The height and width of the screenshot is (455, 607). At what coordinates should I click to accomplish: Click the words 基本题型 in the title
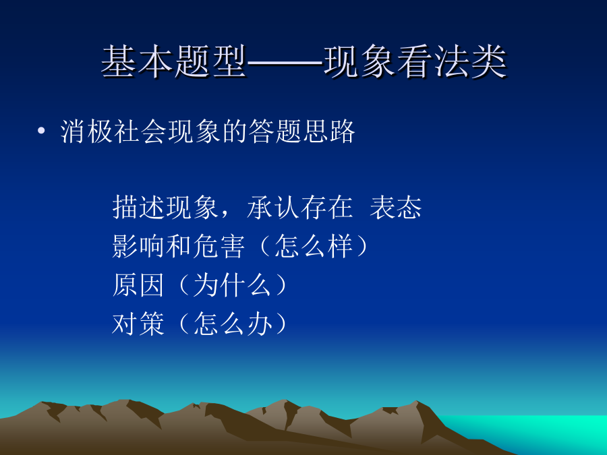pyautogui.click(x=174, y=61)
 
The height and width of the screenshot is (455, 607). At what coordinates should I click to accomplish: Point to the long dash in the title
pyautogui.click(x=285, y=62)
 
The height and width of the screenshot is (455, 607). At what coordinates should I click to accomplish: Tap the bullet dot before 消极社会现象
pyautogui.click(x=41, y=131)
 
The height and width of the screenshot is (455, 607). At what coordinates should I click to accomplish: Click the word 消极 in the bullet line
pyautogui.click(x=87, y=131)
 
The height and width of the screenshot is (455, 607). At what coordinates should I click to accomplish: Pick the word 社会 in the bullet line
pyautogui.click(x=140, y=131)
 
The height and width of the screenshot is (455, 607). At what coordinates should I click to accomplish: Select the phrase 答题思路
pyautogui.click(x=301, y=131)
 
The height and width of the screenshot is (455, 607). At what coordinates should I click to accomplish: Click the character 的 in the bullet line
pyautogui.click(x=235, y=131)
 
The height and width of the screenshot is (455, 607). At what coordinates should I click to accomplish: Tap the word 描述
pyautogui.click(x=139, y=208)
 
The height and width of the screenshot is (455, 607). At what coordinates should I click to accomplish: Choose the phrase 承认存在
pyautogui.click(x=299, y=208)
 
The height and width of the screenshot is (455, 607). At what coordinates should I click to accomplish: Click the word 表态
pyautogui.click(x=396, y=208)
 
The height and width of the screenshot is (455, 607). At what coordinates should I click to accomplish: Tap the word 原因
pyautogui.click(x=138, y=285)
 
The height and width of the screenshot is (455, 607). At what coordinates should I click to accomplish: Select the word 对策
pyautogui.click(x=138, y=324)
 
